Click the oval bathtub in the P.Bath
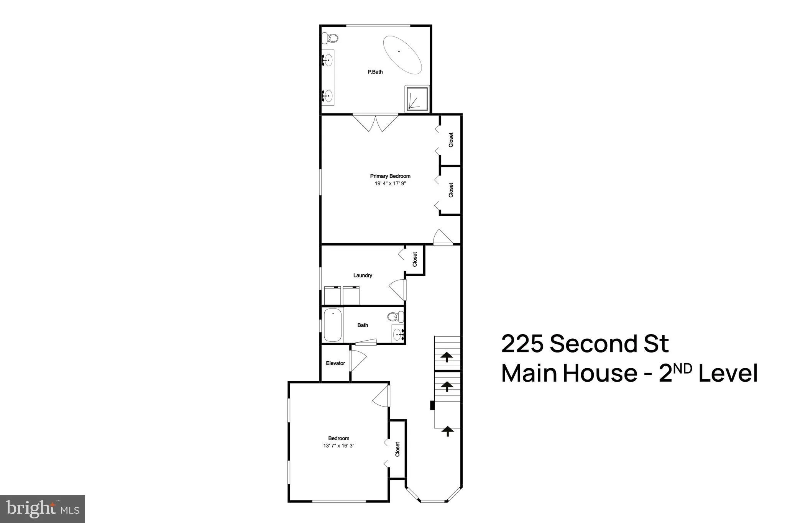coord(402,55)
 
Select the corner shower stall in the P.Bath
coord(417,98)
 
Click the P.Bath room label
coord(375,72)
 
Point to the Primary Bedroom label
coord(390,176)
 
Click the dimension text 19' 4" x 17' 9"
coord(390,184)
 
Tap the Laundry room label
coord(363,275)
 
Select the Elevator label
coord(335,363)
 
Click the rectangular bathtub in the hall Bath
coord(333,326)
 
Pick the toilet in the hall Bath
coord(395,317)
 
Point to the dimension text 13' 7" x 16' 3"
coord(339,446)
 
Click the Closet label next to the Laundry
coord(415,259)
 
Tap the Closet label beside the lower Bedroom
coord(397,449)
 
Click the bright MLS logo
coord(43,509)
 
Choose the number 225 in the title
coord(522,344)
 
